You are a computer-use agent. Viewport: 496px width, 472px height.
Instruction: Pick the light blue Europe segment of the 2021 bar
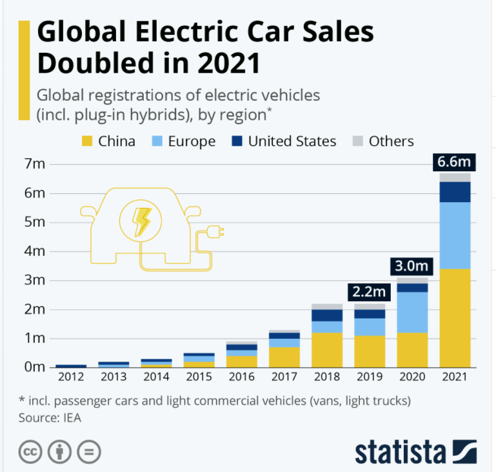pyautogui.click(x=455, y=235)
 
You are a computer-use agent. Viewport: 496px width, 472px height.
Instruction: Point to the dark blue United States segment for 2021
pyautogui.click(x=455, y=192)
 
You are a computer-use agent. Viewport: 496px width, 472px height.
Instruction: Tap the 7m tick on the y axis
pyautogui.click(x=34, y=164)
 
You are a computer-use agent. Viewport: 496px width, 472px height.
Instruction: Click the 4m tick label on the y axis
pyautogui.click(x=34, y=251)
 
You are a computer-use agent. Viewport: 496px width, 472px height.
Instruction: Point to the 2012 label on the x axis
pyautogui.click(x=70, y=375)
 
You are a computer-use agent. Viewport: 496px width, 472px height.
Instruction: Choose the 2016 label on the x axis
pyautogui.click(x=241, y=375)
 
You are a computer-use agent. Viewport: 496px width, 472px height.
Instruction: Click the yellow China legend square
pyautogui.click(x=85, y=141)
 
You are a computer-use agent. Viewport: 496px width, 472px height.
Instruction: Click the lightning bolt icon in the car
pyautogui.click(x=141, y=221)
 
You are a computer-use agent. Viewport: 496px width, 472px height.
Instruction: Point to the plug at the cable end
pyautogui.click(x=218, y=232)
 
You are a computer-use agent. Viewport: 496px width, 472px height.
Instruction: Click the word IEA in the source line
pyautogui.click(x=72, y=417)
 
